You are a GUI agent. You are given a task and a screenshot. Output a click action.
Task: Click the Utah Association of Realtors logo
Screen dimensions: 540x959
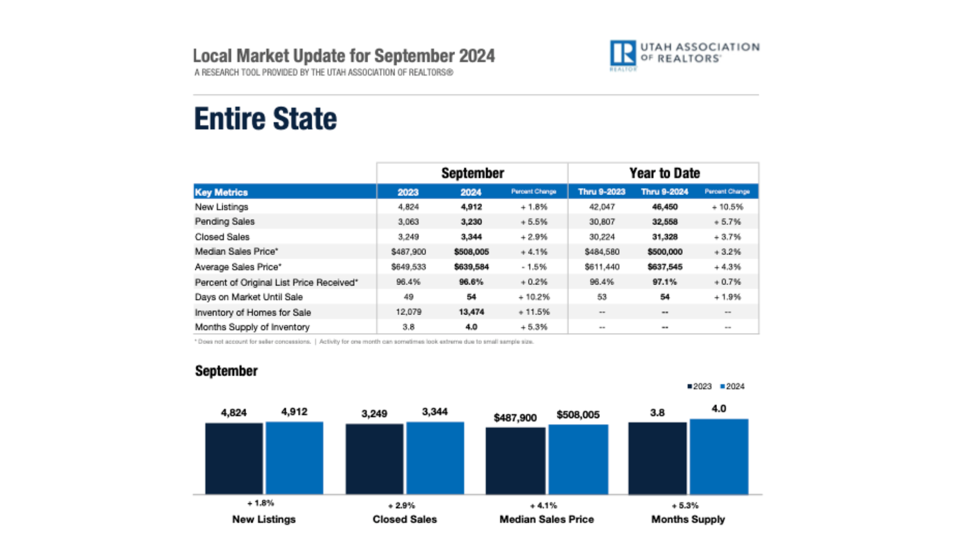(x=683, y=55)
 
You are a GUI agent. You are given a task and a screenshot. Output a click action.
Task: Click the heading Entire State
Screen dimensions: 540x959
(x=266, y=119)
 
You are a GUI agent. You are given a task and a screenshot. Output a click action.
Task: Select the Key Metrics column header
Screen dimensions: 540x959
(x=221, y=192)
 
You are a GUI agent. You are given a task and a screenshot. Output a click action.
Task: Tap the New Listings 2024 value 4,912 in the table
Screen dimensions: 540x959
(x=471, y=207)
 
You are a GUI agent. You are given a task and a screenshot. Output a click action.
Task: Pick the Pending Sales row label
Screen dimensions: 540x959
(x=224, y=221)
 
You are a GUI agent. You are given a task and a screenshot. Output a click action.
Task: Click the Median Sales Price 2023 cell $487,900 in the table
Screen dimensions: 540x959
(x=408, y=252)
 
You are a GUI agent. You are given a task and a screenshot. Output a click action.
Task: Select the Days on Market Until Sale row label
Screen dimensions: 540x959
(x=248, y=297)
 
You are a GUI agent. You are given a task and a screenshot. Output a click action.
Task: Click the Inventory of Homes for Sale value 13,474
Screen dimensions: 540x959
(x=471, y=312)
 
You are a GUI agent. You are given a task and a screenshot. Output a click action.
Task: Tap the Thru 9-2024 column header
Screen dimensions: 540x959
(x=664, y=192)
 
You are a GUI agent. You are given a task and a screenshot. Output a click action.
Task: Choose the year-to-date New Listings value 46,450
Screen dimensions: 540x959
(x=664, y=207)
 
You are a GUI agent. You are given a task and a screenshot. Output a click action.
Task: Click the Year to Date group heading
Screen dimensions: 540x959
(x=664, y=173)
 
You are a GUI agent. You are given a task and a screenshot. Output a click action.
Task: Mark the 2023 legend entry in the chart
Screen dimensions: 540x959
(x=699, y=386)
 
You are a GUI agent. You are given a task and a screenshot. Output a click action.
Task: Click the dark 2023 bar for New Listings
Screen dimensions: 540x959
(x=234, y=458)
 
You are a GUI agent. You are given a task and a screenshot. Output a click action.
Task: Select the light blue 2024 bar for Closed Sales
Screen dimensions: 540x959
(x=435, y=458)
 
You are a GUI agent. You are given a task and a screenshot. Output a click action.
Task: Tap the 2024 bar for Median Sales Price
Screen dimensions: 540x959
(x=578, y=460)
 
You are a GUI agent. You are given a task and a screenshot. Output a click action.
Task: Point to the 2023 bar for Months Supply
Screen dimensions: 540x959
(x=658, y=458)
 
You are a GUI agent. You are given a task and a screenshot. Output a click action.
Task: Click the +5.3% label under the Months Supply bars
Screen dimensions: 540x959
(x=685, y=505)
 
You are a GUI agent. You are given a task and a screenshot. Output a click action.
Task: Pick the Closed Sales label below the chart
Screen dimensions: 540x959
(x=405, y=520)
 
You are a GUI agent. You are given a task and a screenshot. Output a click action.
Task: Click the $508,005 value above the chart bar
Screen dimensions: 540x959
(x=578, y=415)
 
